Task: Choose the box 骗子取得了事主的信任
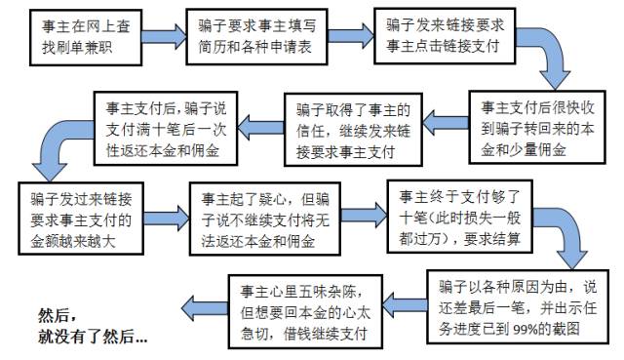(349, 127)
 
